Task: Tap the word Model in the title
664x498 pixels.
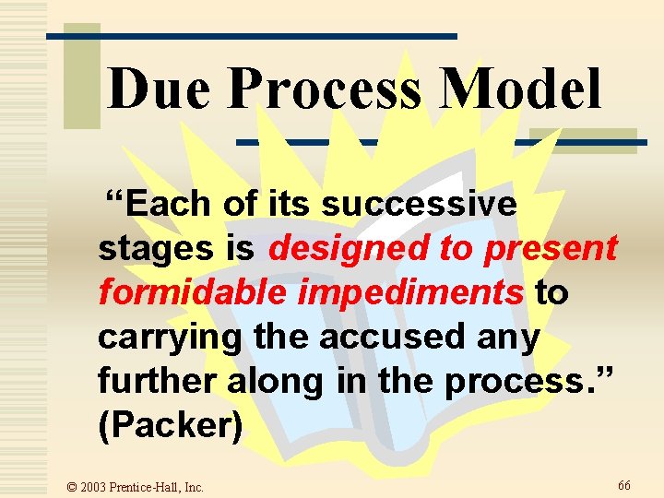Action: click(x=521, y=90)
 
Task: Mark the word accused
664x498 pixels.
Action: click(x=387, y=337)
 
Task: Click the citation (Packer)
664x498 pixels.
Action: click(x=171, y=425)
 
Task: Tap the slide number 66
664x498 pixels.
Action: click(x=624, y=484)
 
